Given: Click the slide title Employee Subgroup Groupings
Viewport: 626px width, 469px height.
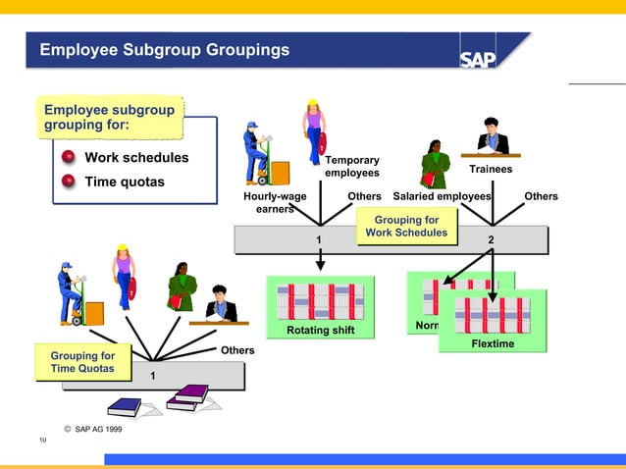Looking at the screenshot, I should click(x=165, y=49).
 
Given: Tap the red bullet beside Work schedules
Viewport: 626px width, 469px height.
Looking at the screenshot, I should click(x=69, y=158).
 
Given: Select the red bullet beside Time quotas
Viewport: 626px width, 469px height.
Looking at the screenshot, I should click(x=69, y=182).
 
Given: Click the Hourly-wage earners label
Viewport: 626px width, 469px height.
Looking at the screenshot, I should click(x=275, y=202).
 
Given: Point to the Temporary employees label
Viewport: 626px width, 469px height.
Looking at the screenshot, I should click(x=352, y=167).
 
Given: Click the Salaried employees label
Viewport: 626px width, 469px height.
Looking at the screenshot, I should click(x=442, y=196).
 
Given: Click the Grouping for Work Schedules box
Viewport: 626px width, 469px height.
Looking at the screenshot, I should click(x=406, y=227).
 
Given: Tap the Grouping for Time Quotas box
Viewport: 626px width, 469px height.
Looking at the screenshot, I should click(x=82, y=362).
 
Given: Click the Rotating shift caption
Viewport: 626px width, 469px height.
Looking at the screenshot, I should click(x=321, y=330).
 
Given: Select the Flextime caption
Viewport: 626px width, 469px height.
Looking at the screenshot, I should click(x=493, y=343).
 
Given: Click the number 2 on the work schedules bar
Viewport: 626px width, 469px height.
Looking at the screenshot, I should click(x=492, y=240).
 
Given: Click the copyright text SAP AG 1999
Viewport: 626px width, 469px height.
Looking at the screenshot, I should click(x=92, y=429).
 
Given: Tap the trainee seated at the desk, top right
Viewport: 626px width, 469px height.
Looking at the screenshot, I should click(x=491, y=137).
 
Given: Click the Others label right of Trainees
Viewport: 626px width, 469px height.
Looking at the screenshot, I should click(x=541, y=196).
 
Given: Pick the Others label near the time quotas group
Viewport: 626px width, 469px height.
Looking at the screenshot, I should click(x=237, y=350).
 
